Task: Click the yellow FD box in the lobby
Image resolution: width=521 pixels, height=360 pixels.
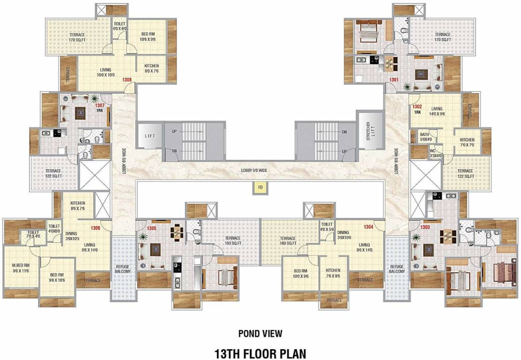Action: (x=259, y=187)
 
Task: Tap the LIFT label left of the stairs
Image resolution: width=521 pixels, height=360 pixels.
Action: (x=149, y=136)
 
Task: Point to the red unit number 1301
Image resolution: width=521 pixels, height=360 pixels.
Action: (x=393, y=80)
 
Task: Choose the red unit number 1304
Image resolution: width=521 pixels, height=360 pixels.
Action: (x=369, y=227)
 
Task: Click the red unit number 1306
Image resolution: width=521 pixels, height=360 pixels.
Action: (x=96, y=228)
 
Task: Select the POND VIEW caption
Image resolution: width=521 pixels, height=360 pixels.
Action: (x=260, y=333)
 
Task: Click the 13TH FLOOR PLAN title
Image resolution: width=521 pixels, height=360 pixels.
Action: (x=260, y=352)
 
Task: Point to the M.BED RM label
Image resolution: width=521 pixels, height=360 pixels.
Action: (x=22, y=268)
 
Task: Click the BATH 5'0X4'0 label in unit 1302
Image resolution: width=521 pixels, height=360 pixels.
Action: (x=424, y=136)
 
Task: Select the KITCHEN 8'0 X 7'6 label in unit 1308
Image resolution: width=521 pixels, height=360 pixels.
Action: (x=151, y=69)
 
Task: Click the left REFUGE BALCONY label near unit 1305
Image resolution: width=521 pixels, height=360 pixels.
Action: (x=123, y=269)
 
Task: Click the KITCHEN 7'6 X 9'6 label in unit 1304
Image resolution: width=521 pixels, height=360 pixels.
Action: (x=334, y=273)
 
